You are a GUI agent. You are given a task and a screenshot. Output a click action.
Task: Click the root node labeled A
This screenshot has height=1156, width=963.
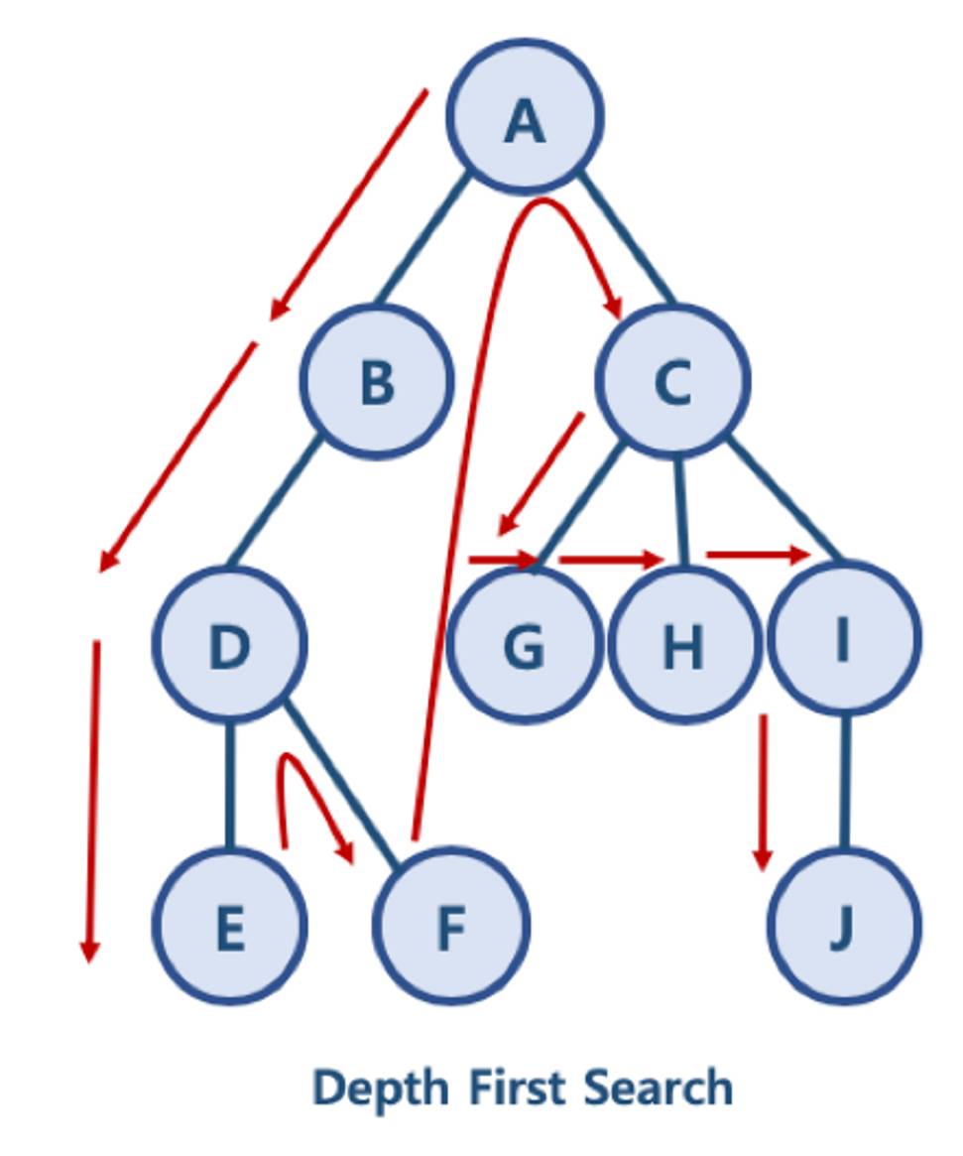(524, 117)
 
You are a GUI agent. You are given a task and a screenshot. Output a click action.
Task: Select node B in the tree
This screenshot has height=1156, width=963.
(377, 381)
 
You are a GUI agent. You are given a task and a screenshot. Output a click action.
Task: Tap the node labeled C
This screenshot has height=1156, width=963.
(672, 381)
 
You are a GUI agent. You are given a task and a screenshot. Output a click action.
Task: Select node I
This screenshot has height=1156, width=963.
(843, 640)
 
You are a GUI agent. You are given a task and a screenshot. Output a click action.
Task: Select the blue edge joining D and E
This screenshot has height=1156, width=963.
(230, 784)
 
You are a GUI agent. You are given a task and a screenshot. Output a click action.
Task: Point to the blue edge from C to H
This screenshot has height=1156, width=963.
(679, 511)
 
